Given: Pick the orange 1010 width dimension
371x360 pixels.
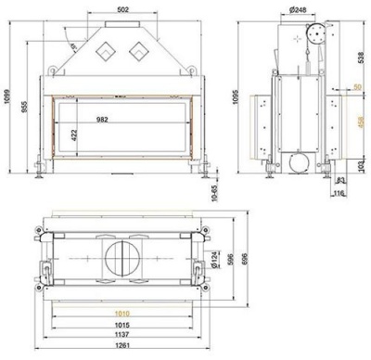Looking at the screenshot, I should pyautogui.click(x=128, y=314).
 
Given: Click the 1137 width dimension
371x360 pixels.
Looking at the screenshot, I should pyautogui.click(x=128, y=337).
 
